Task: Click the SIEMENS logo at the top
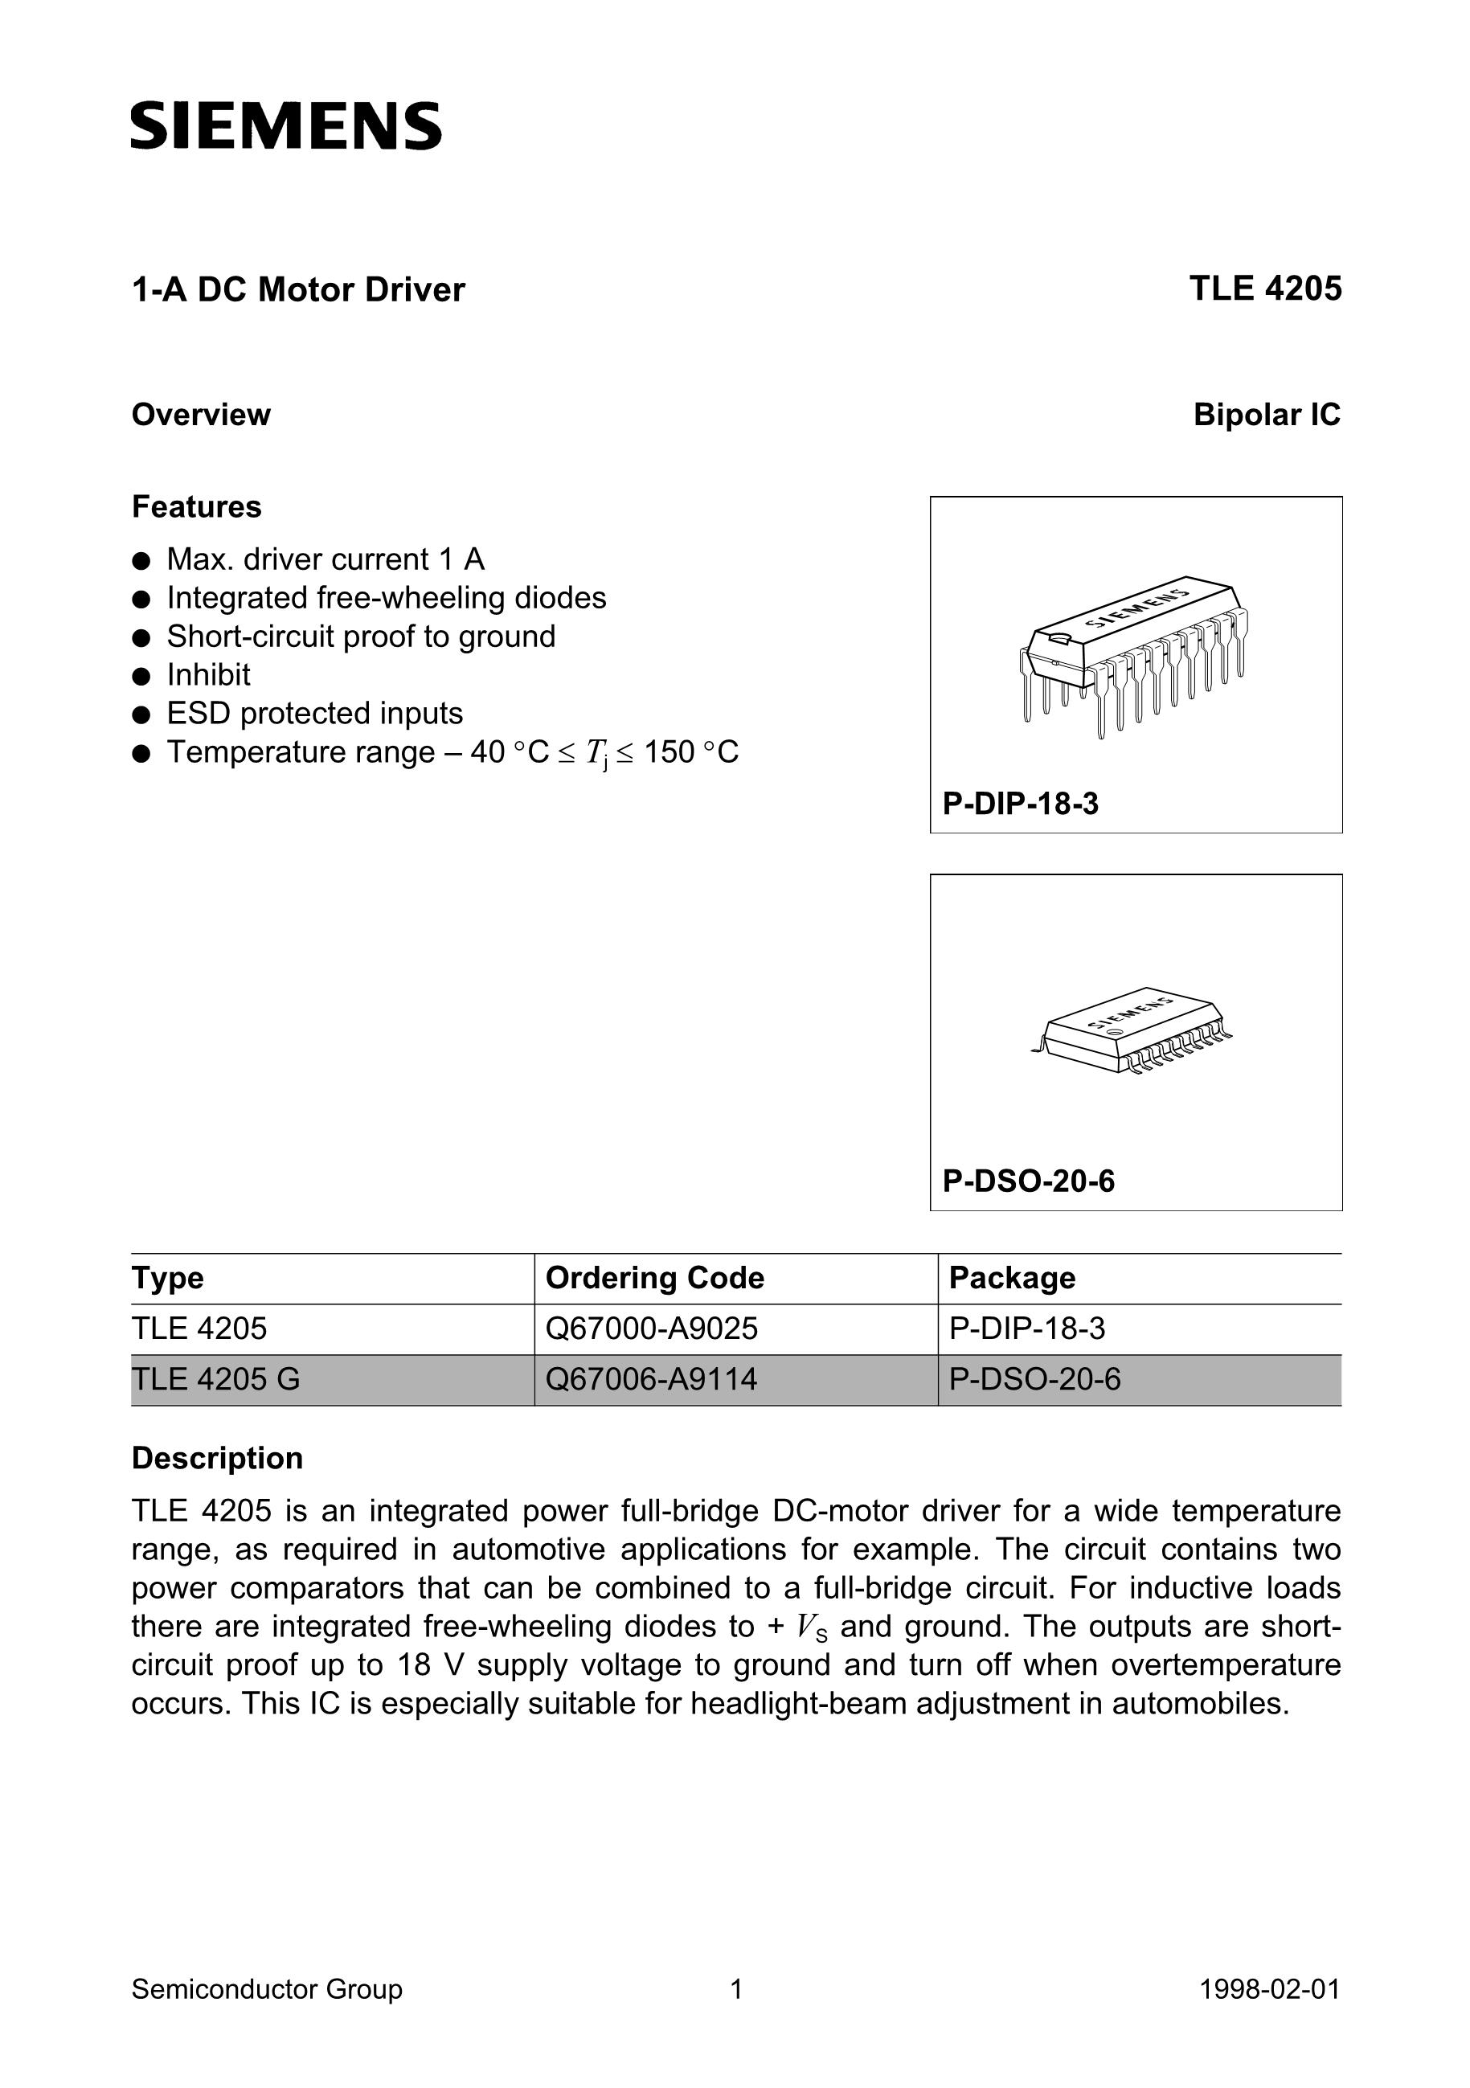285,125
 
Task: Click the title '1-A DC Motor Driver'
298,289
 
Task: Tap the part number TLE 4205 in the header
1264,289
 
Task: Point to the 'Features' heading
196,506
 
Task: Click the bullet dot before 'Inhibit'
140,676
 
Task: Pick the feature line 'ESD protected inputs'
315,713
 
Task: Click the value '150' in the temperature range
669,752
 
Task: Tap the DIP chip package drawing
1133,655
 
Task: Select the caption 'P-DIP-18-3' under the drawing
1021,804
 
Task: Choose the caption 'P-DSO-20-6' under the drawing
1028,1181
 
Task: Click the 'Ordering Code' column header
654,1278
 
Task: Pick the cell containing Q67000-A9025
651,1329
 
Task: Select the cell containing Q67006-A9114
651,1380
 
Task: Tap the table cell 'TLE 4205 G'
215,1380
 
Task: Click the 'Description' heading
218,1458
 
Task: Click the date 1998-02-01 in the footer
1270,1989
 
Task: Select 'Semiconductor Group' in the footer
267,1989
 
